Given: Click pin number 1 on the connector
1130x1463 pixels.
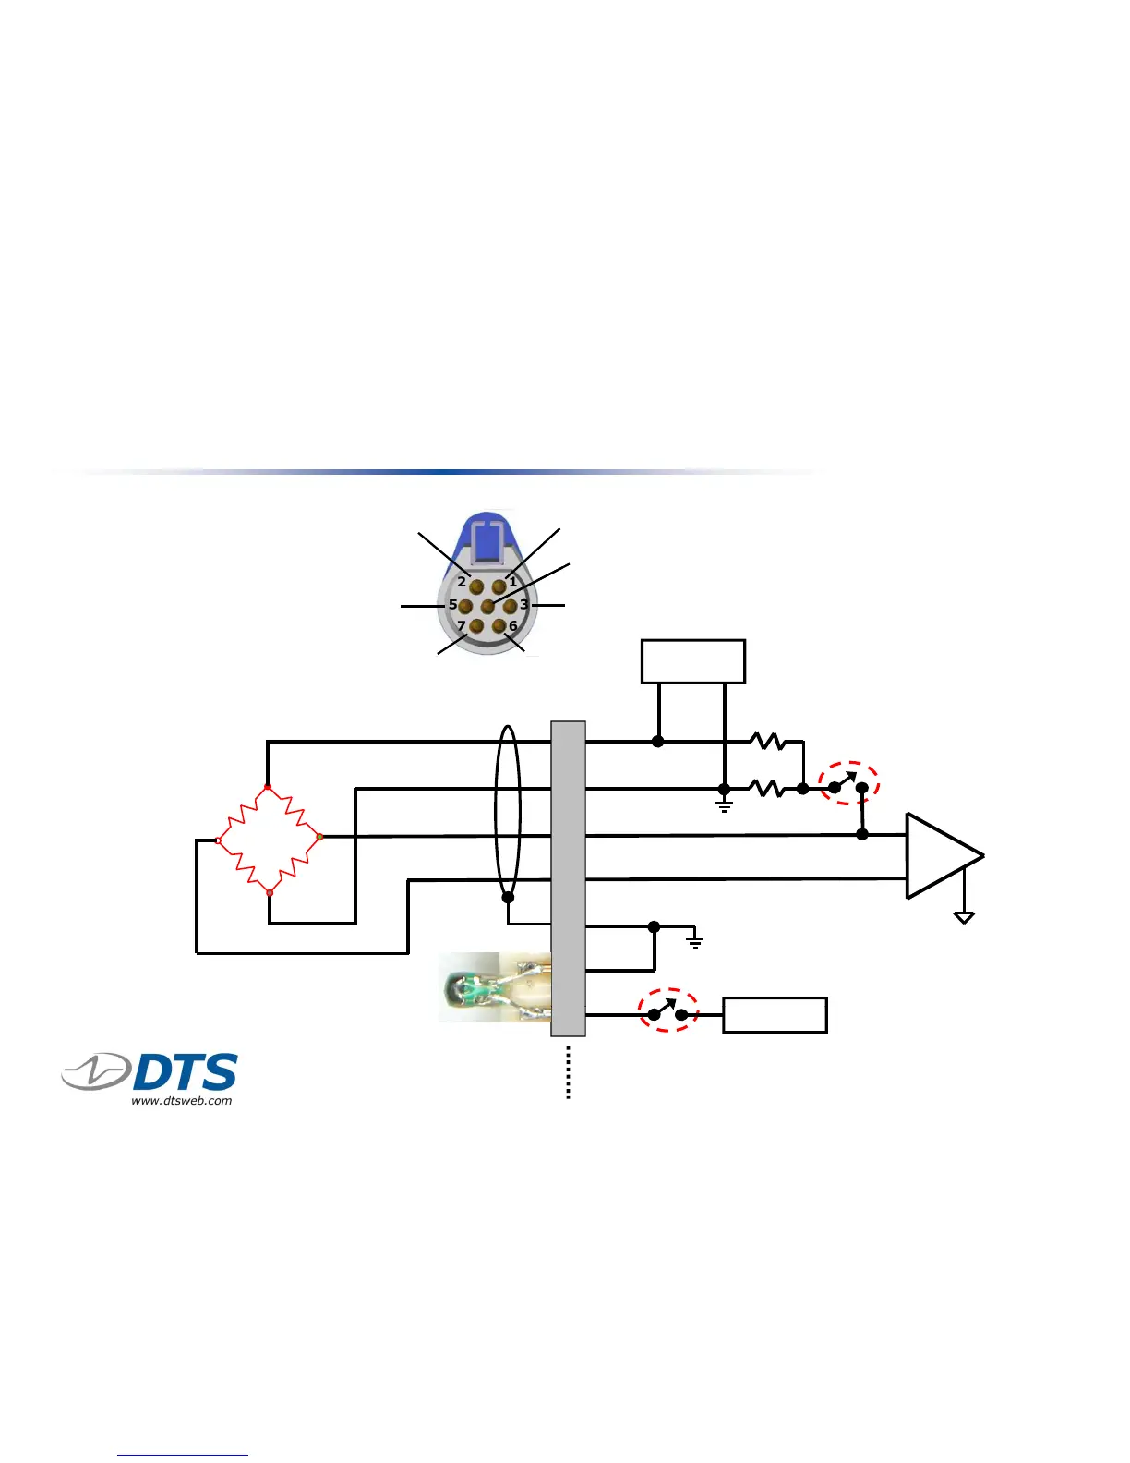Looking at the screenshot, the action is coord(499,586).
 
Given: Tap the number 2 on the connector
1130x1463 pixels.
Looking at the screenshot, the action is coord(462,582).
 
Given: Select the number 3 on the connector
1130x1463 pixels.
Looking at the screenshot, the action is coord(523,605).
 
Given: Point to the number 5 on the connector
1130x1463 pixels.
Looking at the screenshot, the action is coord(452,605).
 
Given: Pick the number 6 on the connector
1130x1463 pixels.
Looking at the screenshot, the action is coord(513,626).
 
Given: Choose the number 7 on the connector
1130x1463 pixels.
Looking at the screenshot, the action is coord(462,626).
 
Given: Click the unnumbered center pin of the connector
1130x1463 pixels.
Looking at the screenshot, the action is coord(487,607).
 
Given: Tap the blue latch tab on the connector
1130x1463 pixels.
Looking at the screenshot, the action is coord(487,538).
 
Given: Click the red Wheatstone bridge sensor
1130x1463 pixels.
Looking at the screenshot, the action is coord(269,840).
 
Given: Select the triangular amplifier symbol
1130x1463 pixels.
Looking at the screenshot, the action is coord(940,855).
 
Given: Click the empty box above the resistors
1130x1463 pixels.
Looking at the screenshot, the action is coord(692,661).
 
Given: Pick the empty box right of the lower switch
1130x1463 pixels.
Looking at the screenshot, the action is coord(775,1015).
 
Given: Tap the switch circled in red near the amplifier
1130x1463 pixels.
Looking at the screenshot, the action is coord(848,784).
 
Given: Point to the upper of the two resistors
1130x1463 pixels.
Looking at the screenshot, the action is coord(767,741).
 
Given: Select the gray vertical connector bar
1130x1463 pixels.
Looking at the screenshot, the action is coord(568,877).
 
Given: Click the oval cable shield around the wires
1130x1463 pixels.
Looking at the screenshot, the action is coord(508,813).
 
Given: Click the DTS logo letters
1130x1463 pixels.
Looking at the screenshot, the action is coord(185,1072).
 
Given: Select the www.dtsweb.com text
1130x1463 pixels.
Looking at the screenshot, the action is coord(182,1100).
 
